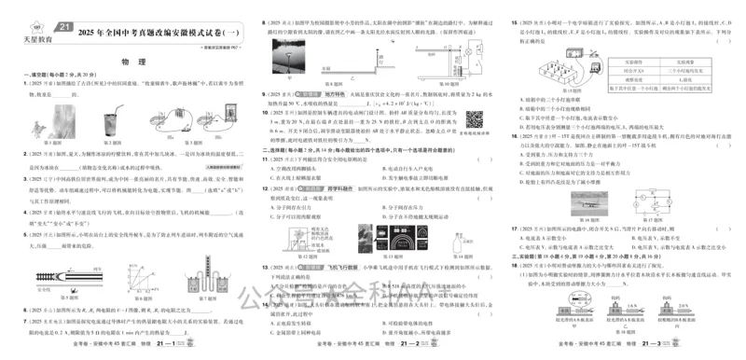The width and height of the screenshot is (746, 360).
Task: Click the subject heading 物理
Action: pos(131,62)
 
